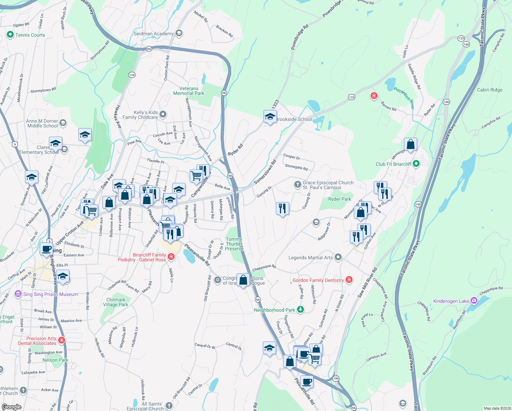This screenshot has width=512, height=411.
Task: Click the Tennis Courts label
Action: (30, 35)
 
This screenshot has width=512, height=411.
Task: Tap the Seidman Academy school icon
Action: (179, 33)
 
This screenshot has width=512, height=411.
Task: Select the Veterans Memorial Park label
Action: (189, 91)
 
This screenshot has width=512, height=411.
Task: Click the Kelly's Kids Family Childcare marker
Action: (163, 114)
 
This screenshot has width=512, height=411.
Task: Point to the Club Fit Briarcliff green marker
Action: (416, 164)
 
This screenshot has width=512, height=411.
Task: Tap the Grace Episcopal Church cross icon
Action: (297, 185)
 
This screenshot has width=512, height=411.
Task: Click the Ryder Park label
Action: (340, 199)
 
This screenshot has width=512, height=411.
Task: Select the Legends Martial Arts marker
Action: (338, 257)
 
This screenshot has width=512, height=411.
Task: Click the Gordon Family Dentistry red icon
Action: (349, 280)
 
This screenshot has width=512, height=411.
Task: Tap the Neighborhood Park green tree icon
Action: (300, 310)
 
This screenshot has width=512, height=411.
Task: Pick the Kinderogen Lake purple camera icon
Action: (474, 301)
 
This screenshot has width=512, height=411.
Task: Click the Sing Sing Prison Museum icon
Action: (18, 294)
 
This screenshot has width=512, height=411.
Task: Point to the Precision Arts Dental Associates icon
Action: (62, 340)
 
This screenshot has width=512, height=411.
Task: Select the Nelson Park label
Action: (55, 360)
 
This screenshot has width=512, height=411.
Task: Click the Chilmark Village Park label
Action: (116, 302)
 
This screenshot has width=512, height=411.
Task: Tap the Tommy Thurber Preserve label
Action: (234, 244)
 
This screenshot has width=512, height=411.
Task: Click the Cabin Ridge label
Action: (490, 90)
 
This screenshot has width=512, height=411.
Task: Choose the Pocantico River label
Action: (404, 98)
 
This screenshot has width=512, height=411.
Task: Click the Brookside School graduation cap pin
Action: (270, 116)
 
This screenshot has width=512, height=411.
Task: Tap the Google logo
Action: (11, 407)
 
